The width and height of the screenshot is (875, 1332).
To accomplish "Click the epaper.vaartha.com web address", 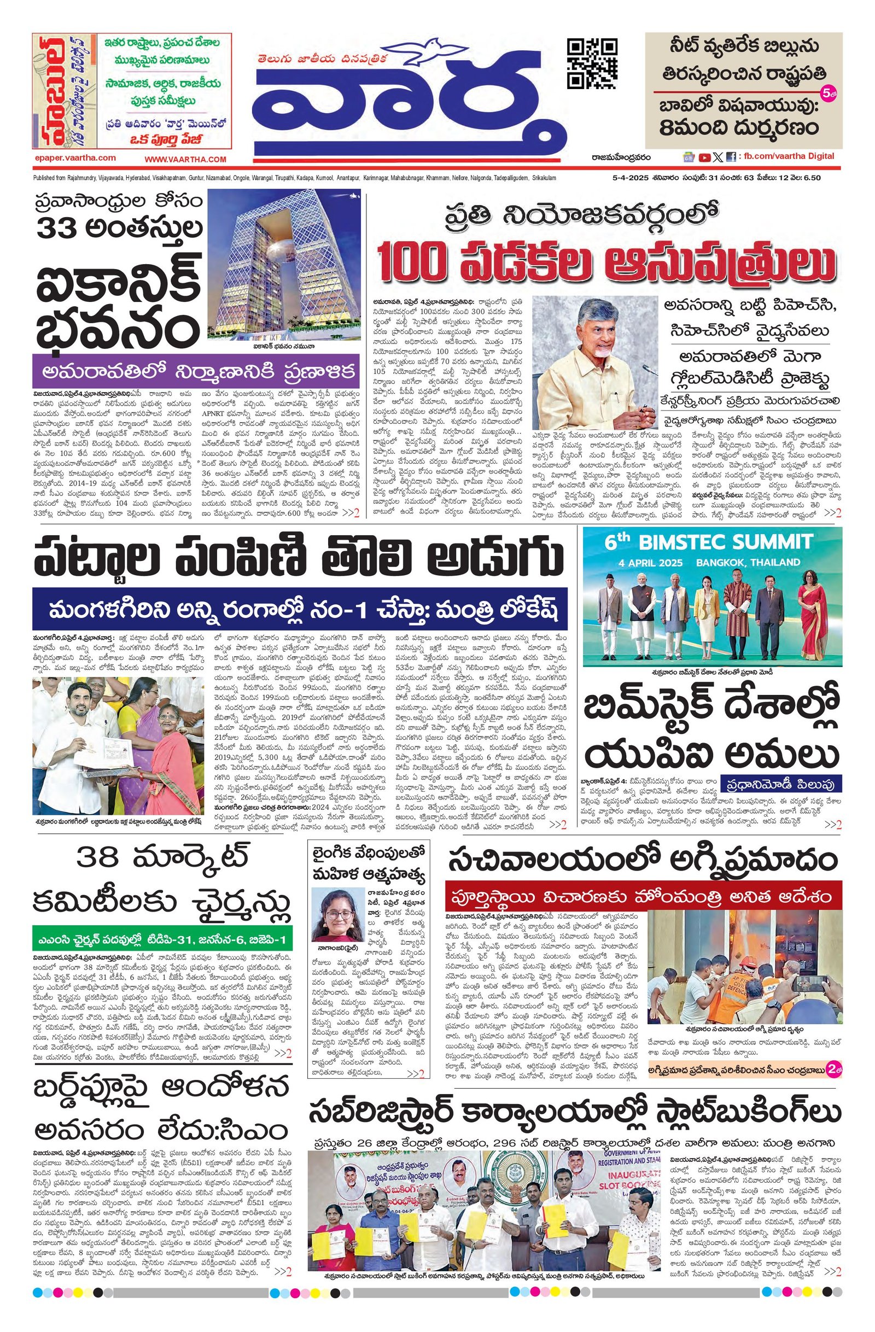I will click(75, 159).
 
